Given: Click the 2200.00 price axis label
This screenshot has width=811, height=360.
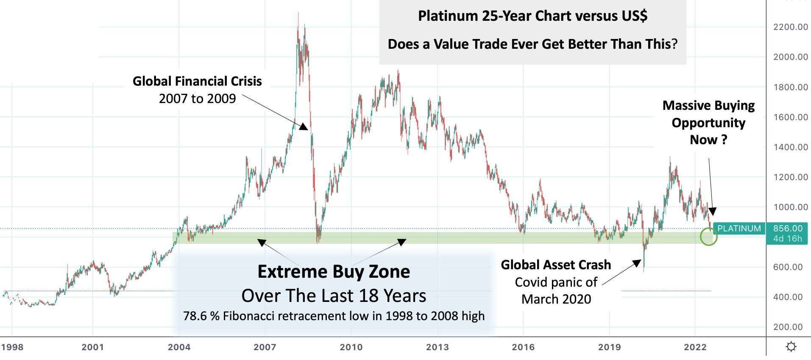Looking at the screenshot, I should coord(790,27).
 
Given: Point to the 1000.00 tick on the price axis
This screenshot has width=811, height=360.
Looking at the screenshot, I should coord(790,207).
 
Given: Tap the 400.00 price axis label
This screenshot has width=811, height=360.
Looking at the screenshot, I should coord(790,297).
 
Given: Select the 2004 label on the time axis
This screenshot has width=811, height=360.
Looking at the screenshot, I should coord(179,347).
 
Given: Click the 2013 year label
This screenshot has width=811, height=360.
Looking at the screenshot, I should coord(437,347).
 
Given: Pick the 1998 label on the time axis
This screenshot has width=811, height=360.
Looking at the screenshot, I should coord(12,347).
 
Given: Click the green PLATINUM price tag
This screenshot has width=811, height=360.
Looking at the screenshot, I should coord(739,229).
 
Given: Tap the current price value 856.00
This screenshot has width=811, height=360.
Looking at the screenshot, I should coord(788,229).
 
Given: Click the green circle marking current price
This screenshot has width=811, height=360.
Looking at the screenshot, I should coord(708,237).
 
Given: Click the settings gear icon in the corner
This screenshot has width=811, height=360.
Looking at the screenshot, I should coord(791,347).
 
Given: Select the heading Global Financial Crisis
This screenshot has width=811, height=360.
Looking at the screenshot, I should coord(197,81).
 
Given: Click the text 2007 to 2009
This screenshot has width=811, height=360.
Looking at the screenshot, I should coord(197,99).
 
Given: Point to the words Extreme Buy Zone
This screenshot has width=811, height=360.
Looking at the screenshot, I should coord(334,271).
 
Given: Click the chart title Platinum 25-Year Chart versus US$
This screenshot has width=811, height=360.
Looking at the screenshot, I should coord(532,16).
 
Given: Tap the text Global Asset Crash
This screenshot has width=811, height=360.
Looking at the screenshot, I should coord(556,265).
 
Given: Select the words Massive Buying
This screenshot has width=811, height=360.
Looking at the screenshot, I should coord(708,105).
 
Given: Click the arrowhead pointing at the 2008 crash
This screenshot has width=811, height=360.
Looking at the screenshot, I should coord(304,126).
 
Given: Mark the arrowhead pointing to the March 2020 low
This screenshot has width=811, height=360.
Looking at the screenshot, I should coord(637,263).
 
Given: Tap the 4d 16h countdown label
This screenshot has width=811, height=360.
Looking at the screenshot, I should coord(788,239).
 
